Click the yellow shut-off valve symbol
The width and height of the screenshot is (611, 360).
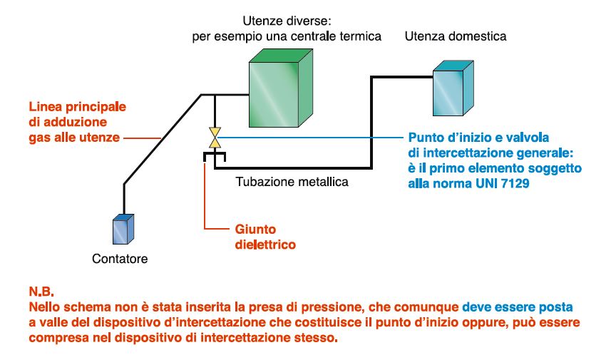213,135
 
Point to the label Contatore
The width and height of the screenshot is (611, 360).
120,259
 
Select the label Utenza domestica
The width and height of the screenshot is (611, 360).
456,36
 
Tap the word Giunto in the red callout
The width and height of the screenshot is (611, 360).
255,230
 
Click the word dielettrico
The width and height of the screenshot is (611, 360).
265,245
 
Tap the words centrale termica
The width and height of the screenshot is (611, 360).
337,36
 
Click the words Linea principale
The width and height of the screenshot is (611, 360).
77,106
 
